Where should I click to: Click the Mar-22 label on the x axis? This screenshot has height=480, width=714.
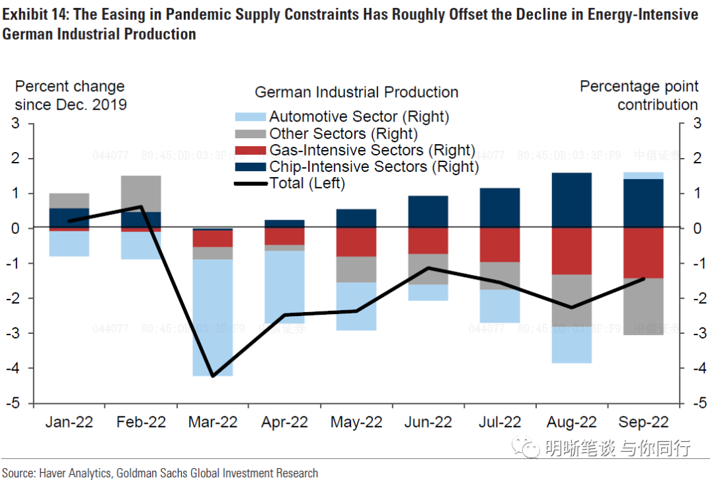click(212, 422)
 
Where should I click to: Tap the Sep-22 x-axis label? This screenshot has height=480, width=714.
click(643, 422)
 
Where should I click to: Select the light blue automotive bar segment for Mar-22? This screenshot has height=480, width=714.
click(212, 317)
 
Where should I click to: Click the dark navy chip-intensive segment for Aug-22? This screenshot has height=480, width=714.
click(571, 200)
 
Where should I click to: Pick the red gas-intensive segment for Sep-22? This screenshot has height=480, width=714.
click(643, 253)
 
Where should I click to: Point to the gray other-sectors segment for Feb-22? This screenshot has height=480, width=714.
click(140, 193)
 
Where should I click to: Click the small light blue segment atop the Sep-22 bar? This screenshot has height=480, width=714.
click(643, 175)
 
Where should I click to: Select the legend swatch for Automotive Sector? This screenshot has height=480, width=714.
click(251, 117)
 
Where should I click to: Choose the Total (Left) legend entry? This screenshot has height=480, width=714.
click(307, 183)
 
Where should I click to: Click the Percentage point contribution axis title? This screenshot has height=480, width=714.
click(639, 95)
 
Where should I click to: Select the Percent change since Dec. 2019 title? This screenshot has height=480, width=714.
click(70, 95)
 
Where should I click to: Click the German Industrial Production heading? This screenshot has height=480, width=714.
click(356, 92)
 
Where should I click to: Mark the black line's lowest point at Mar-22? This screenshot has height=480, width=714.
click(212, 376)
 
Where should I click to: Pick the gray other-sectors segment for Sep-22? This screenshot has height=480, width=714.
click(643, 307)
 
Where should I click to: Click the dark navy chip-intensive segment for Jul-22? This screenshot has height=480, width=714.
click(500, 208)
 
